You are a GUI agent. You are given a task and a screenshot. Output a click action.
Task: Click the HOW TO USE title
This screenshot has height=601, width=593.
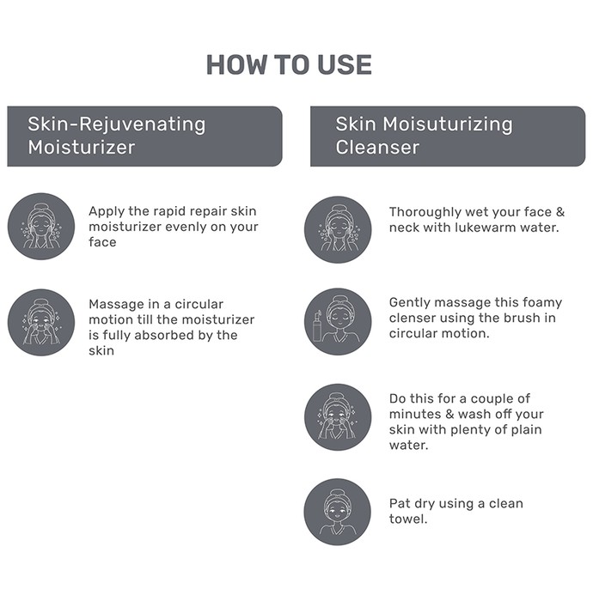pyautogui.click(x=289, y=64)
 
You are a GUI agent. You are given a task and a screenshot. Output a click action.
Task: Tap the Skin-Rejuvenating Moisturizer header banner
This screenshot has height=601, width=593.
pyautogui.click(x=145, y=137)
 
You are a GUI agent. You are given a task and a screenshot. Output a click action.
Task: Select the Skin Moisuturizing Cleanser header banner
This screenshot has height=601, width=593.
pyautogui.click(x=448, y=137)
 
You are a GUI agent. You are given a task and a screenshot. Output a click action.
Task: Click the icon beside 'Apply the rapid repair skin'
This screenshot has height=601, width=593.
pyautogui.click(x=41, y=226)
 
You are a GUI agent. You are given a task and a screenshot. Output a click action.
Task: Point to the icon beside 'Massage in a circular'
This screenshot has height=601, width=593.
pyautogui.click(x=41, y=322)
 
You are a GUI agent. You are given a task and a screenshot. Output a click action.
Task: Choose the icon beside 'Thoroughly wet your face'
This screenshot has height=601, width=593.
pyautogui.click(x=338, y=229)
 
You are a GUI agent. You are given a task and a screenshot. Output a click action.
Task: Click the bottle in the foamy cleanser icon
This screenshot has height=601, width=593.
pyautogui.click(x=317, y=325)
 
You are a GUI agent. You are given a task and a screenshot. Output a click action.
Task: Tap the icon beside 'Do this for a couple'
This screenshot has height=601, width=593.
pyautogui.click(x=338, y=417)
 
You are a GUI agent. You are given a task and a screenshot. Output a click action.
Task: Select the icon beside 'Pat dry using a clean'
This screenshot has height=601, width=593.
pyautogui.click(x=338, y=512)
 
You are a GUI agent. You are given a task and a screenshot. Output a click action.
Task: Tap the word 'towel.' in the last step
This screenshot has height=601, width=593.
pyautogui.click(x=408, y=519)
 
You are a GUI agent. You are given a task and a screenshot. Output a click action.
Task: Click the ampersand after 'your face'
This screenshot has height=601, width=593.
pyautogui.click(x=560, y=212)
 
